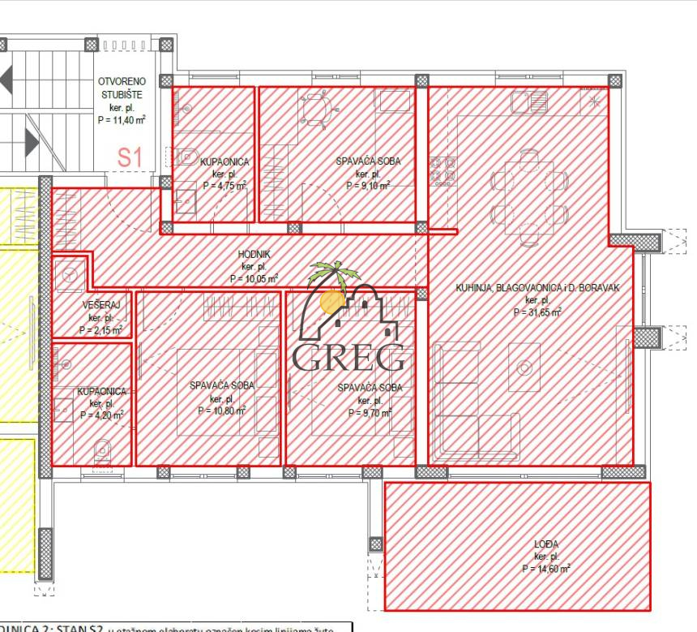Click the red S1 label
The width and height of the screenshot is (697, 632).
tap(130, 157)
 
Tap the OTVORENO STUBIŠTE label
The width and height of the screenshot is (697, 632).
tap(122, 88)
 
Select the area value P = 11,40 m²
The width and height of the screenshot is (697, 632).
tap(122, 120)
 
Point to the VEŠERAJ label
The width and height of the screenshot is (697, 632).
tap(101, 305)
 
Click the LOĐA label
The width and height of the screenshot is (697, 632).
tap(547, 544)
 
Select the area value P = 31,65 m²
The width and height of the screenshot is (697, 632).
tap(537, 312)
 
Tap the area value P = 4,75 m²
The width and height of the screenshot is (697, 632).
tap(224, 186)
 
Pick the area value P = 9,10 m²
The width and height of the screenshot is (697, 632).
tap(368, 186)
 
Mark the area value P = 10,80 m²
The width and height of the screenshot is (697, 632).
tap(221, 411)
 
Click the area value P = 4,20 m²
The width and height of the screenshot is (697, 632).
tap(101, 415)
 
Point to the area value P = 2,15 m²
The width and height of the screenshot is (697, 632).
tap(101, 330)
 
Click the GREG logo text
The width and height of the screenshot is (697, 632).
tap(348, 358)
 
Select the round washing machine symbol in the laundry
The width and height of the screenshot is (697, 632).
tap(69, 275)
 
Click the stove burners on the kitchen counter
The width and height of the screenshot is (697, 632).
tap(443, 170)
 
